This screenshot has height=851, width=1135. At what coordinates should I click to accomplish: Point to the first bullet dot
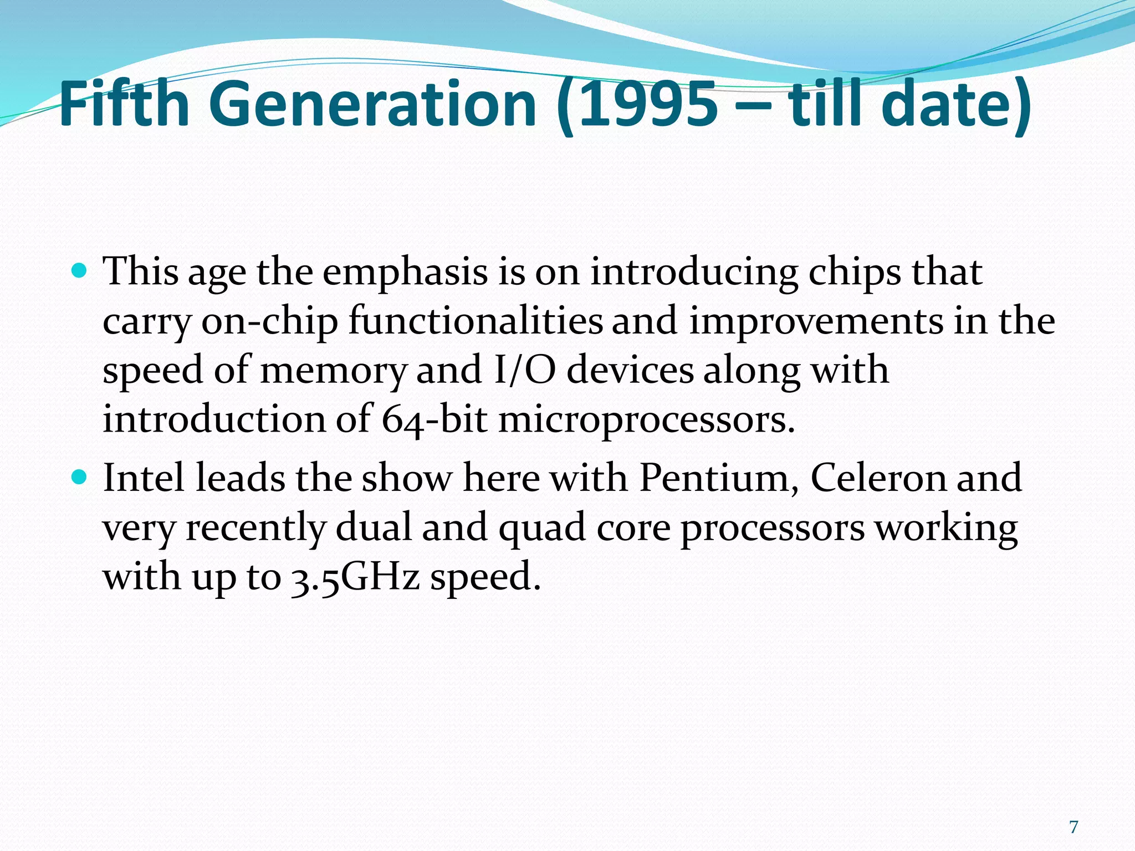(80, 271)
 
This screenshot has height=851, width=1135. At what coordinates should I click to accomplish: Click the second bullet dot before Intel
(80, 476)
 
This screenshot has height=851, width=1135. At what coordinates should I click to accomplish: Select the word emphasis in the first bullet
(405, 273)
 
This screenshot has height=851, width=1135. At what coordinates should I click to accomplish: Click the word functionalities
(476, 321)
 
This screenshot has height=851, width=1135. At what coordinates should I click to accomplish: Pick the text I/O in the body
(524, 370)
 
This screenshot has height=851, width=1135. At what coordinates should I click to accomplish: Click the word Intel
(144, 478)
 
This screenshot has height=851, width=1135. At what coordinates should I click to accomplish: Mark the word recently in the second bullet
(255, 528)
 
